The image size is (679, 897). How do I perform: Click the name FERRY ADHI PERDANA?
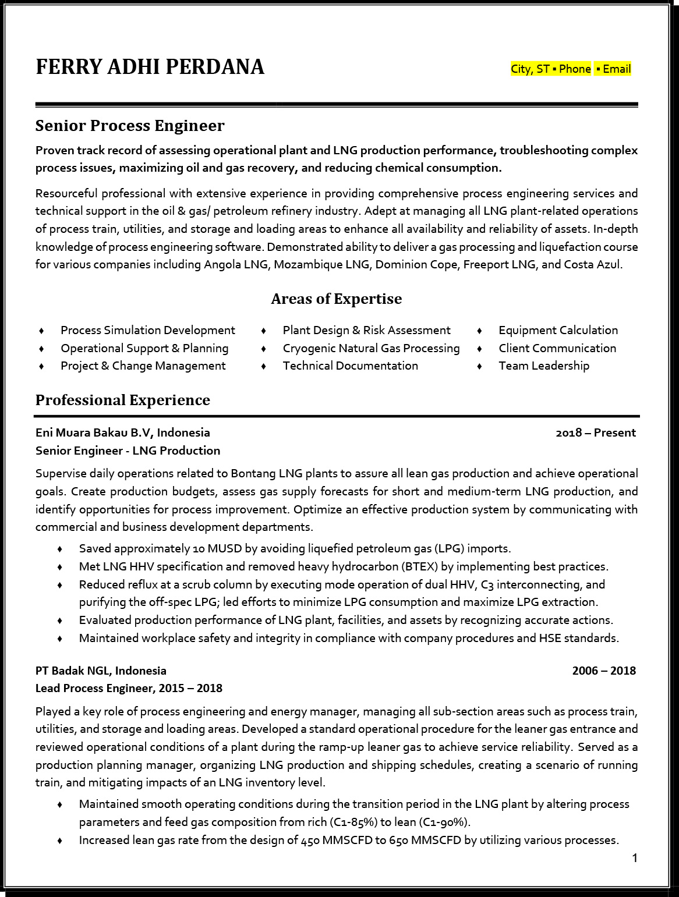pyautogui.click(x=150, y=67)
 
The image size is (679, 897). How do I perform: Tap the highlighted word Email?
pyautogui.click(x=617, y=69)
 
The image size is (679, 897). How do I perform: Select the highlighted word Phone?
pyautogui.click(x=575, y=69)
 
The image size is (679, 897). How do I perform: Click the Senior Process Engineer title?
pyautogui.click(x=130, y=126)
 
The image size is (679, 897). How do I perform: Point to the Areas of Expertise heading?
pyautogui.click(x=336, y=299)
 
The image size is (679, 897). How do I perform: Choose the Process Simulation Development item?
pyautogui.click(x=148, y=330)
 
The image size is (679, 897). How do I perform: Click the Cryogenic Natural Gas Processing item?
pyautogui.click(x=371, y=348)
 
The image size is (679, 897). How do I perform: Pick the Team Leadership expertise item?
pyautogui.click(x=544, y=366)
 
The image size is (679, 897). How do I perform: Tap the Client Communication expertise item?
pyautogui.click(x=557, y=348)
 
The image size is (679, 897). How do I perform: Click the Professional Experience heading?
pyautogui.click(x=122, y=400)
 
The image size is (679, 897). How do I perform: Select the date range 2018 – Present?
pyautogui.click(x=596, y=432)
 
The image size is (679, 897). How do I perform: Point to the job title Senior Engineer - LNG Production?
pyautogui.click(x=128, y=451)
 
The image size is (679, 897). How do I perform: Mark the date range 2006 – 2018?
pyautogui.click(x=604, y=671)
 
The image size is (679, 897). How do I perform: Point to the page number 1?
pyautogui.click(x=635, y=858)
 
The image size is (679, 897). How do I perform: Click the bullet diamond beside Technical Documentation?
pyautogui.click(x=264, y=366)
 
